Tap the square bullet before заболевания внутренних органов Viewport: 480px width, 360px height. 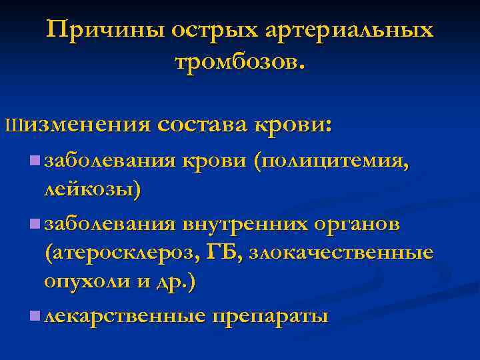[35, 224]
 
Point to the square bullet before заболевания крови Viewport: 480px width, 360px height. [35, 161]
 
